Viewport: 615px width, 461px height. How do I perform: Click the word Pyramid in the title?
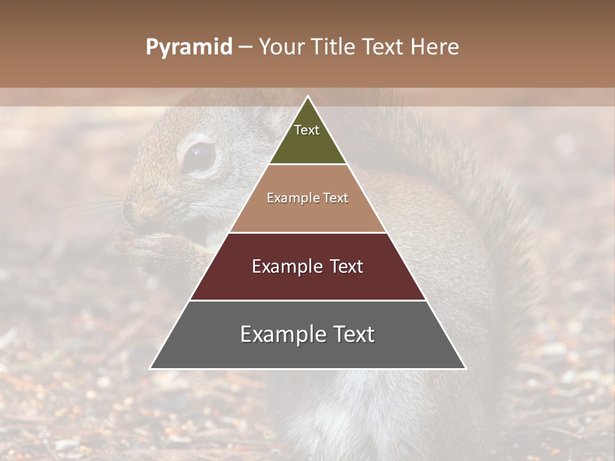189,47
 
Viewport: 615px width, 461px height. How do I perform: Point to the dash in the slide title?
245,47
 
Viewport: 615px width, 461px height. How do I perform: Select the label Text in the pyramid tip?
307,130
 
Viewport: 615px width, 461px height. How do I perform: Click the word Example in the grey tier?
280,334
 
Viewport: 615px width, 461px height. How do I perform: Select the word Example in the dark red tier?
285,266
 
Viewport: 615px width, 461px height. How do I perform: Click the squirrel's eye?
199,156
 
